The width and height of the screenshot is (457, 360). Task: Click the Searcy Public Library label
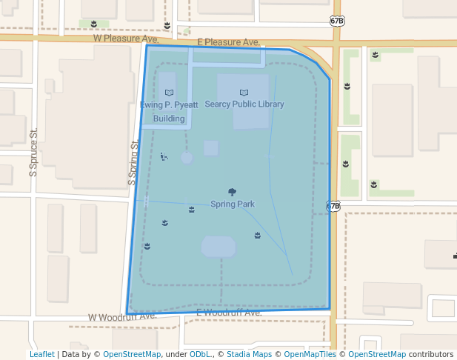(x=244, y=104)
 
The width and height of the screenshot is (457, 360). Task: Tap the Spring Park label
(x=233, y=204)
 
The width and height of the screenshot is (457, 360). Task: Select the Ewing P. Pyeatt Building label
(x=169, y=111)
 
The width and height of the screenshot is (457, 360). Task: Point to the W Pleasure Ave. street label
(x=126, y=38)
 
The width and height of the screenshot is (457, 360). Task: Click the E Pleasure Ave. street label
(x=228, y=42)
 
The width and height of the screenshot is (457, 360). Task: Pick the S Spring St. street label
(x=133, y=163)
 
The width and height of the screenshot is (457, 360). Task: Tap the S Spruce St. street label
(x=33, y=153)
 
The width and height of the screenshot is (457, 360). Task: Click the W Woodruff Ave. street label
(x=122, y=316)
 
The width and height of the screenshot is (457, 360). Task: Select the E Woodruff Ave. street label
(x=229, y=313)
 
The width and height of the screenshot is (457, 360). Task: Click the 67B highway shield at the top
(x=337, y=21)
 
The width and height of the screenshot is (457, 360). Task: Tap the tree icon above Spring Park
(x=233, y=192)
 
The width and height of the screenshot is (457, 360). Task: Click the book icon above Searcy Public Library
(x=244, y=93)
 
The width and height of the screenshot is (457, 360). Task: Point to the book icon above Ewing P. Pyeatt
(x=169, y=93)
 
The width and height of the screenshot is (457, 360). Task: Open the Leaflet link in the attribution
(x=41, y=355)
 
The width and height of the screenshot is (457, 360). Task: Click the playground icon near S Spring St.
(x=164, y=156)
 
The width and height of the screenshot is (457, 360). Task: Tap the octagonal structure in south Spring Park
(x=218, y=247)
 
